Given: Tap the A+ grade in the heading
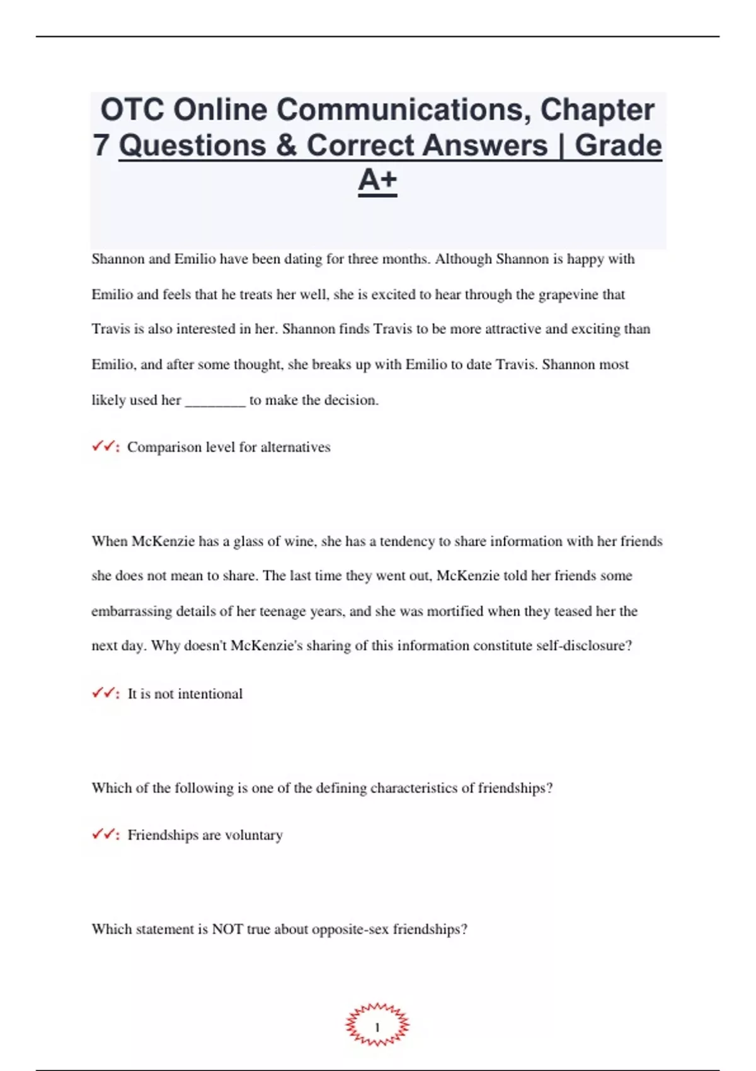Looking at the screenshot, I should [x=377, y=180].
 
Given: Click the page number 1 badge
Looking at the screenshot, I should [x=377, y=1026].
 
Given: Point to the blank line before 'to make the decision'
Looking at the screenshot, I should [x=215, y=401].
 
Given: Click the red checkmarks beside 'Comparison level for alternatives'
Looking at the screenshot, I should [x=105, y=447].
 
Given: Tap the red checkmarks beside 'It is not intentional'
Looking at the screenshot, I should [x=105, y=694].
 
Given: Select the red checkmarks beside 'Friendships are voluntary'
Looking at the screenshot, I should [x=105, y=835].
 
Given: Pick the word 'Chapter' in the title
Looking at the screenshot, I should [x=597, y=110].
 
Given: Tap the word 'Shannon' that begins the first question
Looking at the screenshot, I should [x=118, y=259].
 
